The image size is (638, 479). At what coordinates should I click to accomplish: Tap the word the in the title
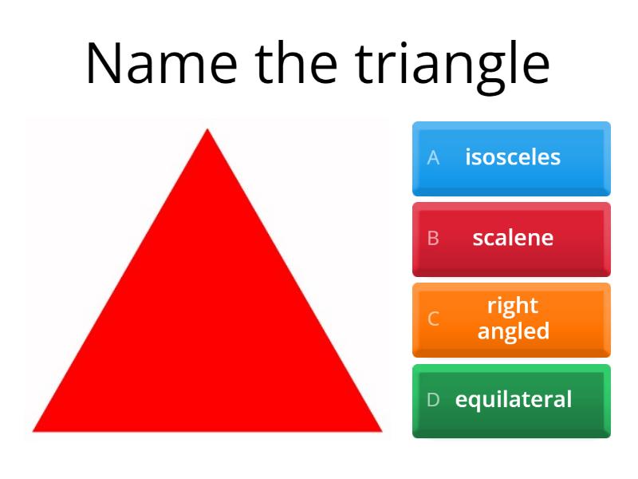click(296, 62)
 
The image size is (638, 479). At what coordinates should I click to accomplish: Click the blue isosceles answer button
click(511, 158)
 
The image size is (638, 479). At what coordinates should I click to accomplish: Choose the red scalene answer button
click(511, 239)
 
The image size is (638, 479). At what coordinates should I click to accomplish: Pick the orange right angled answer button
click(511, 320)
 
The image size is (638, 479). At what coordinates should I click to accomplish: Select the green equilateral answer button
click(511, 401)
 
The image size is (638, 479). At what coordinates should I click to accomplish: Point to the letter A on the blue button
click(433, 157)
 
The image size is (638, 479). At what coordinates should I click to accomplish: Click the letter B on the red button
click(433, 238)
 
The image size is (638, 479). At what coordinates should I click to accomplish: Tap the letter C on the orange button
click(433, 319)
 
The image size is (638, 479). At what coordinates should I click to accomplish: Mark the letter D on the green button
click(433, 400)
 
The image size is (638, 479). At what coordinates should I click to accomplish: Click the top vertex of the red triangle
click(207, 129)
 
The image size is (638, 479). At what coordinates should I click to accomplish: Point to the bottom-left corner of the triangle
click(33, 431)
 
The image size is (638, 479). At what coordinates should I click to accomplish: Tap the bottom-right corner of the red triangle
click(382, 431)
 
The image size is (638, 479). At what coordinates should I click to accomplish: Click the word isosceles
click(513, 157)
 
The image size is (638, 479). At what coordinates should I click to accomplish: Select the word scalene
click(513, 238)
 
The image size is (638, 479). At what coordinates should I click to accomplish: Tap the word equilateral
click(514, 400)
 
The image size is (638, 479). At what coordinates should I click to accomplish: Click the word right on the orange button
click(513, 307)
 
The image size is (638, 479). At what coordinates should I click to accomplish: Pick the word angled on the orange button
click(514, 331)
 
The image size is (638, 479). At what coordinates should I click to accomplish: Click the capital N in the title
click(103, 63)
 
